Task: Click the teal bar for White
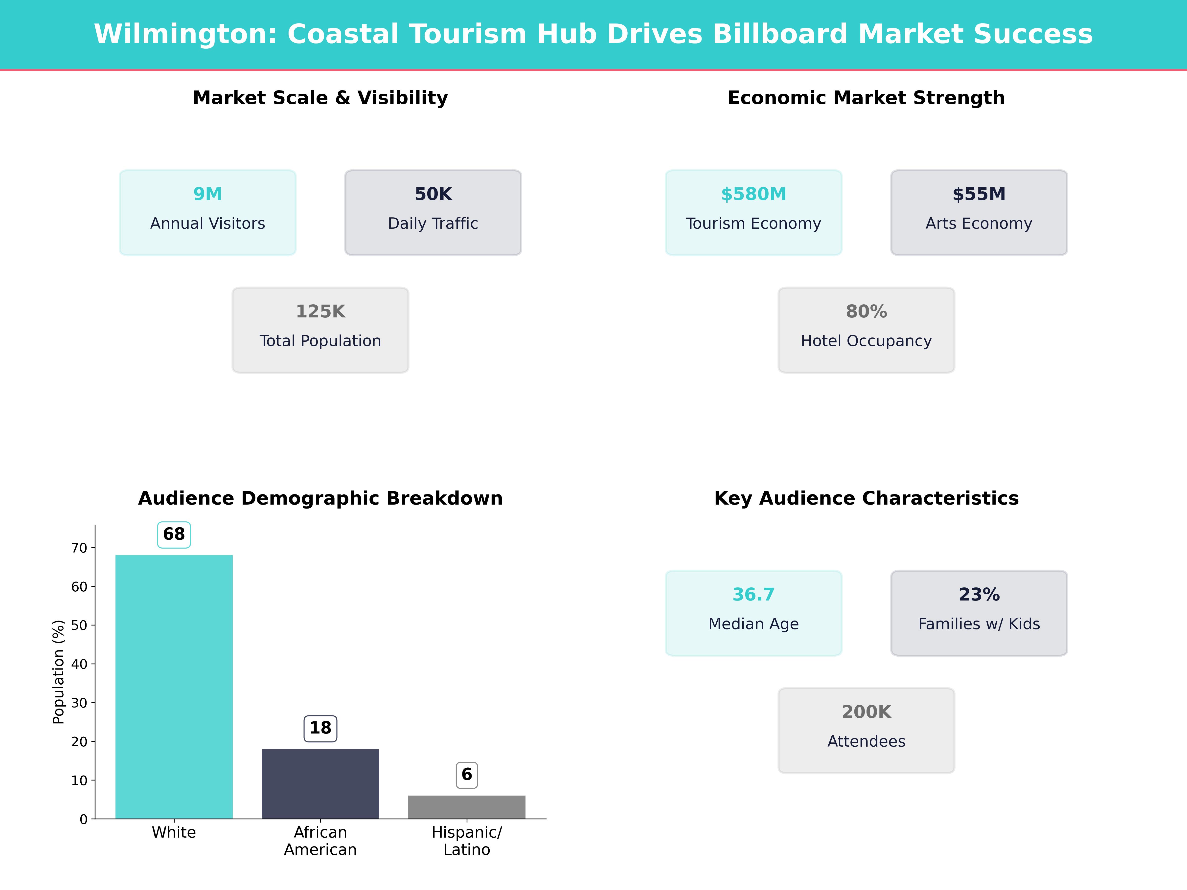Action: (x=174, y=687)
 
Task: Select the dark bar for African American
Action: (x=320, y=783)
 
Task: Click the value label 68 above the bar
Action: (x=174, y=534)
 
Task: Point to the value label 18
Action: (x=320, y=728)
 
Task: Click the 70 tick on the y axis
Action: (x=79, y=548)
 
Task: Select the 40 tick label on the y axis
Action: (x=79, y=664)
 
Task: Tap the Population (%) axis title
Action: (x=59, y=672)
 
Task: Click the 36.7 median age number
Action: (x=753, y=594)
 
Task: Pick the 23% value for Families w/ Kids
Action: (x=979, y=594)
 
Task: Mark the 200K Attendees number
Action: (x=866, y=712)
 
